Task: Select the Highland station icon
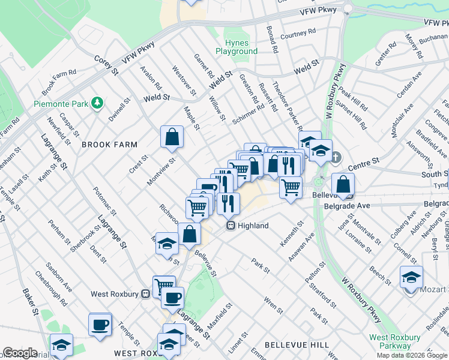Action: point(230,226)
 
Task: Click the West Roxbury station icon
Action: point(145,294)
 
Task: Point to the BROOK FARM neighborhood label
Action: point(110,145)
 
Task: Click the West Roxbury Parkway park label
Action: point(391,341)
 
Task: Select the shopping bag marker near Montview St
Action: point(172,137)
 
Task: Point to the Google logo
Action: point(20,353)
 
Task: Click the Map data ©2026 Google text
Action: point(411,355)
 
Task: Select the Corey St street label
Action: point(106,65)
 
